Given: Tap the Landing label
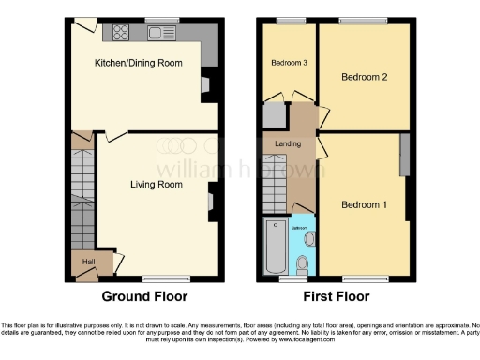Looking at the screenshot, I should pyautogui.click(x=286, y=143).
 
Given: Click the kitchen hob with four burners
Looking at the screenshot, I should pyautogui.click(x=122, y=34).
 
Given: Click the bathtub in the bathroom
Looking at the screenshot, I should pyautogui.click(x=277, y=247).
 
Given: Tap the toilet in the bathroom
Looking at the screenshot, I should pyautogui.click(x=301, y=266).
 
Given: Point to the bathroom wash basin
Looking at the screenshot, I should pyautogui.click(x=310, y=237).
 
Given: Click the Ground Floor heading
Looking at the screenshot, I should pyautogui.click(x=144, y=296).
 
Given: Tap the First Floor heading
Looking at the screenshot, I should pyautogui.click(x=335, y=296).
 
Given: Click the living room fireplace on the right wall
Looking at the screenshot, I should pyautogui.click(x=210, y=198).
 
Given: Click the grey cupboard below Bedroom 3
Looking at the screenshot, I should pyautogui.click(x=274, y=115).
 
